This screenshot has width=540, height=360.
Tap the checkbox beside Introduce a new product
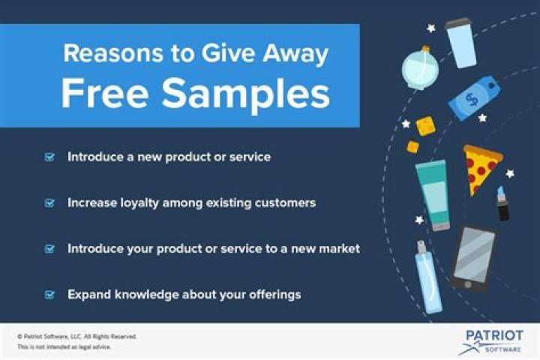coord(50,157)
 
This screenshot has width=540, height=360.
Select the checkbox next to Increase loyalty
coord(50,202)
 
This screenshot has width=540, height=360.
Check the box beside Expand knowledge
coord(50,295)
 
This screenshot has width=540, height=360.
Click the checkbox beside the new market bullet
coord(50,248)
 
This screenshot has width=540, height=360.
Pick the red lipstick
coord(502,203)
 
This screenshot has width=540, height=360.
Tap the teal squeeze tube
coord(434,193)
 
